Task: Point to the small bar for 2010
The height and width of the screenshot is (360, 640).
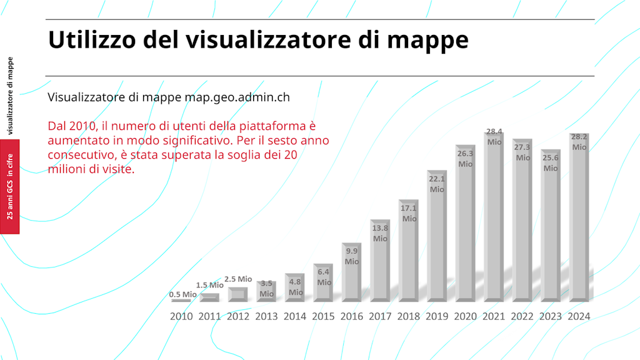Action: [181, 301]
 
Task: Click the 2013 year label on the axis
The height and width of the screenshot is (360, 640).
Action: [266, 316]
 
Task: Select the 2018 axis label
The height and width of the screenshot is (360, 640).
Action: [409, 316]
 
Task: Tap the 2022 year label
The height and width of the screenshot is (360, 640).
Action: [522, 316]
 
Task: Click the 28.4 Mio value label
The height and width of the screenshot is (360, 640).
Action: [494, 137]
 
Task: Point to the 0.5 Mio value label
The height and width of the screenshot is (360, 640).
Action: [183, 294]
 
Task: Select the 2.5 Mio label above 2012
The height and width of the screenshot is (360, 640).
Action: [238, 279]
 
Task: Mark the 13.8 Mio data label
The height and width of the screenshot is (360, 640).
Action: [380, 233]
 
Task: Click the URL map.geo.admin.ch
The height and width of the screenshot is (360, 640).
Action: [237, 98]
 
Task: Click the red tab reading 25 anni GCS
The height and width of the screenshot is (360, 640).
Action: [10, 187]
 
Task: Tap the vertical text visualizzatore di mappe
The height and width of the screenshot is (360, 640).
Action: [10, 96]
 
